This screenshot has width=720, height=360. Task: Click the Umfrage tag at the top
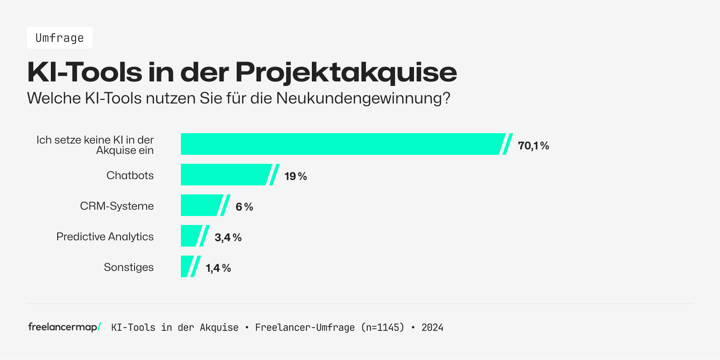click(60, 38)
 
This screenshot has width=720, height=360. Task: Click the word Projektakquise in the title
click(346, 72)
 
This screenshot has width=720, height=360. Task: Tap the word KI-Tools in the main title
click(85, 72)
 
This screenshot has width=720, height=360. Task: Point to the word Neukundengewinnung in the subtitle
click(363, 98)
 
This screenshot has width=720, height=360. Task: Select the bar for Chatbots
click(225, 175)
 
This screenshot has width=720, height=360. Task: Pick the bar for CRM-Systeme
click(201, 205)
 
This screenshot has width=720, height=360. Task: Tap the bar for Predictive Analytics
click(190, 236)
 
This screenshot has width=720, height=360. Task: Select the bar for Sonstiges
click(186, 266)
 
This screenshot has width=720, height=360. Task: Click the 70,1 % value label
click(533, 146)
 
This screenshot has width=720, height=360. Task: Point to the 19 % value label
click(296, 176)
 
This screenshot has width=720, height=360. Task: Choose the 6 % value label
click(244, 207)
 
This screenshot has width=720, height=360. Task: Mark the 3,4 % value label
click(228, 238)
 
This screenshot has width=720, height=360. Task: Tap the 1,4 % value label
click(218, 268)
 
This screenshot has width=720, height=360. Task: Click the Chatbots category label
click(130, 175)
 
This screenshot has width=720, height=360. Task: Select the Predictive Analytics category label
click(105, 237)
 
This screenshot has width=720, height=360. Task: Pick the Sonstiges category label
click(129, 267)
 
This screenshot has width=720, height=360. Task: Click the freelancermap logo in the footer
click(64, 327)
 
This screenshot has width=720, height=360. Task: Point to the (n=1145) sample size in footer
click(382, 328)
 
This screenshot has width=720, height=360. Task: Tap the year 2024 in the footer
click(432, 328)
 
